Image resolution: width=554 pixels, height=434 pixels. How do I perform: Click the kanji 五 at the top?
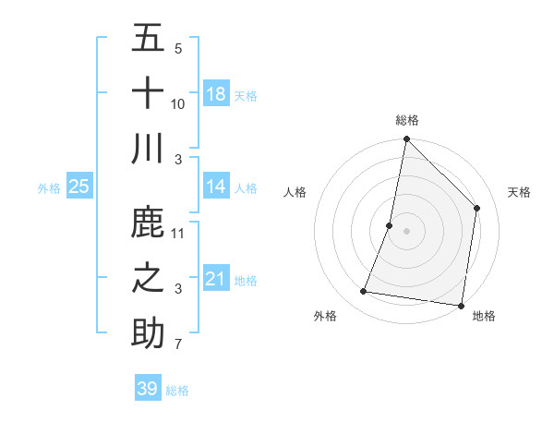coord(148,38)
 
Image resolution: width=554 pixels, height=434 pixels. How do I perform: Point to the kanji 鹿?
coord(148,222)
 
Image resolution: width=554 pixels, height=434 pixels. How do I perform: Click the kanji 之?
coord(148,278)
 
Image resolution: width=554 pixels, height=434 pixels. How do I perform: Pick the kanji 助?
coord(148,333)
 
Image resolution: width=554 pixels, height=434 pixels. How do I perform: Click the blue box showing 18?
coord(216,94)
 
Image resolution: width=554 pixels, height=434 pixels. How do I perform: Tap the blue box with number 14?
coord(216,187)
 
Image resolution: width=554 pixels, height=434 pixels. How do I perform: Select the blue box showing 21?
coord(216,279)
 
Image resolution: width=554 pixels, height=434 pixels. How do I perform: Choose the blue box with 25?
coord(79,187)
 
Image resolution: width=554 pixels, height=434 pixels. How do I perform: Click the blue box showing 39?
coord(148,389)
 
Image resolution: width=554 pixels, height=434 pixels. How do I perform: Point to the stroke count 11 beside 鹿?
coord(178,234)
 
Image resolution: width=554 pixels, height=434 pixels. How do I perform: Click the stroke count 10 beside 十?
coord(178,104)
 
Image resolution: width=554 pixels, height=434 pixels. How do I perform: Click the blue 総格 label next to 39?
coord(177,391)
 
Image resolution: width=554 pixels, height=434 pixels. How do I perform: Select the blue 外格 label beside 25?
coord(49,188)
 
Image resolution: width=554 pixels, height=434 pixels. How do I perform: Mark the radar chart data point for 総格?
coord(406,140)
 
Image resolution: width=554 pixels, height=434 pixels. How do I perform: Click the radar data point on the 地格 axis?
coord(461,305)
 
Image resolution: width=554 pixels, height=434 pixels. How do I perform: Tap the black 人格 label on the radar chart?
coord(295,192)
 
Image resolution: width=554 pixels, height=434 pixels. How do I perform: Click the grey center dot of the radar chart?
coord(406,231)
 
